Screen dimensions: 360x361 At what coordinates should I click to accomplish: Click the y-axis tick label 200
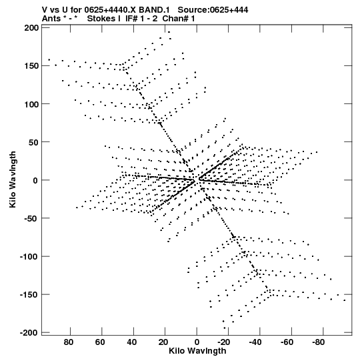[31, 28]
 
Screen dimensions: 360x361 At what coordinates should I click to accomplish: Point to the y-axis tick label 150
[31, 66]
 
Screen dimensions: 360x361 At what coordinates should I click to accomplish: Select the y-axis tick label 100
[31, 104]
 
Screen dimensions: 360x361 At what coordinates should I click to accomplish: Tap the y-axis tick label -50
[31, 218]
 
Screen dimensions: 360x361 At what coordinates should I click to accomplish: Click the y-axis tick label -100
[29, 257]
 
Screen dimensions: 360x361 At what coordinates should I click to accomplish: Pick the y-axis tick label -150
[29, 295]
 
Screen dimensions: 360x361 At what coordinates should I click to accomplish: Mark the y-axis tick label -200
[29, 333]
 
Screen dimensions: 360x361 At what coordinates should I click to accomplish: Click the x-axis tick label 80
[69, 342]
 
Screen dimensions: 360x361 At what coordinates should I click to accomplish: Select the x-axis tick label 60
[100, 342]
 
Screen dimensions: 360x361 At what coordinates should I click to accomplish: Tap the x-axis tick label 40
[132, 342]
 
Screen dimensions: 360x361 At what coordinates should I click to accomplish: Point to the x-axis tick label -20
[224, 342]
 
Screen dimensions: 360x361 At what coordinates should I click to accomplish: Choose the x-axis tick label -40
[255, 342]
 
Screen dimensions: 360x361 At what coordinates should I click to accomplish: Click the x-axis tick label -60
[287, 342]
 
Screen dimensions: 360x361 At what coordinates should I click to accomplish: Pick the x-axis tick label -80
[319, 342]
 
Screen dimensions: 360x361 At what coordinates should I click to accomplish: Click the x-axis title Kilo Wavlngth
[197, 351]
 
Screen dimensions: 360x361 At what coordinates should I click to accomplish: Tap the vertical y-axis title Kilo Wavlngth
[13, 179]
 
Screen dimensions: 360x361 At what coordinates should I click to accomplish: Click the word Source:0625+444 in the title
[213, 10]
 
